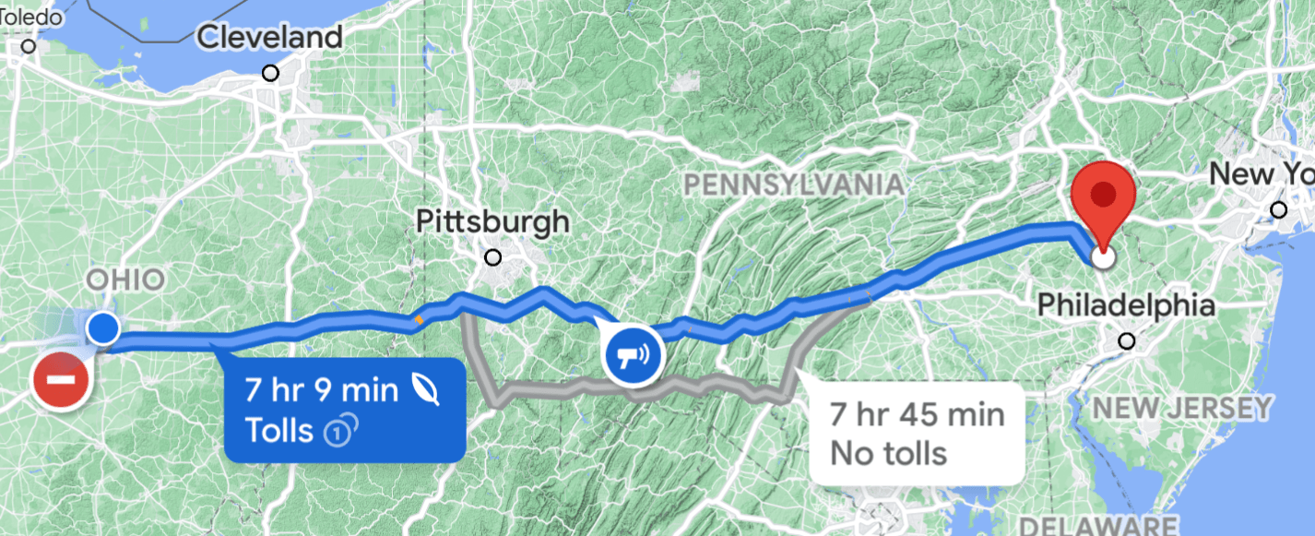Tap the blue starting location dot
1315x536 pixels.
[102, 328]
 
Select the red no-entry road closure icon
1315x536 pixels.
[62, 379]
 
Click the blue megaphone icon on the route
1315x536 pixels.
[633, 355]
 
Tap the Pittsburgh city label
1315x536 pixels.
[492, 222]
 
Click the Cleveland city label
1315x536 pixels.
[270, 38]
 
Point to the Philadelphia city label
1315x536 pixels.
[1126, 304]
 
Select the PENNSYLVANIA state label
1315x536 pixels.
[793, 185]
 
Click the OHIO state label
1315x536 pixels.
[125, 280]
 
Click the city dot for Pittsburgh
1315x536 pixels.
[493, 256]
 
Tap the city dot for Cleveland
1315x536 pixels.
[270, 72]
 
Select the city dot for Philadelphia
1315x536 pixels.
[1126, 341]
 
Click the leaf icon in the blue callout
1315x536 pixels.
[425, 390]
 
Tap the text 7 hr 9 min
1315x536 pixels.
[322, 390]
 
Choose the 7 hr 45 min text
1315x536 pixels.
[917, 414]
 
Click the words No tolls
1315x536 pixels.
[889, 453]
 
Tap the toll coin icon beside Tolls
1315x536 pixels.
[341, 430]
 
